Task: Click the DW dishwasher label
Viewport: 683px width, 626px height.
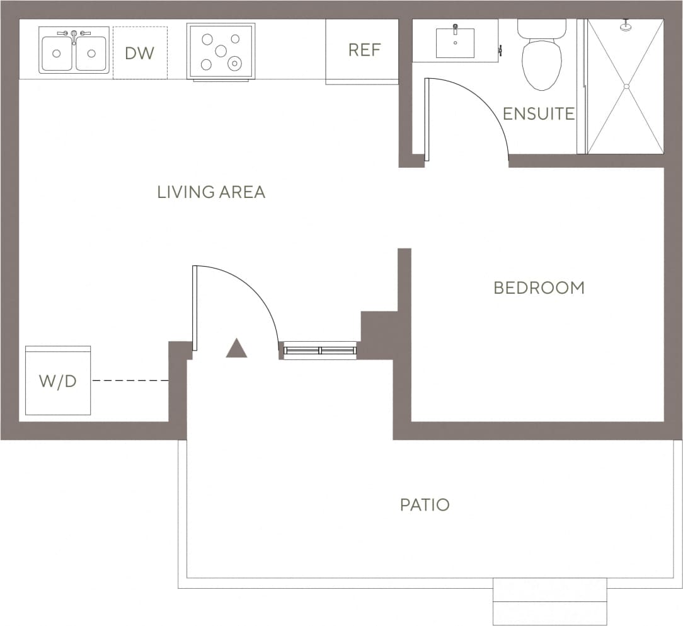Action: click(139, 53)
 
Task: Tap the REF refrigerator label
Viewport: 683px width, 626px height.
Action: click(365, 50)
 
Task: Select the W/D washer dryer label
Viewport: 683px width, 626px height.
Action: click(57, 381)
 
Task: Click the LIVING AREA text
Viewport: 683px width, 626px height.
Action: click(211, 192)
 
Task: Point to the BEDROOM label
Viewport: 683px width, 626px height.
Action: click(539, 288)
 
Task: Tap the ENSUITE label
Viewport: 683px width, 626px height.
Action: click(539, 113)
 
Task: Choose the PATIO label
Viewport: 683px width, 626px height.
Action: click(425, 504)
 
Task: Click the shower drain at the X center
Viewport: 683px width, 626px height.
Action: click(626, 86)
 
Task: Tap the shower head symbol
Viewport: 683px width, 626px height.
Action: click(626, 26)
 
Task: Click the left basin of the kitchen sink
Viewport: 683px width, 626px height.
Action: click(57, 54)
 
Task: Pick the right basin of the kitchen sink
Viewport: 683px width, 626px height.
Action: click(91, 54)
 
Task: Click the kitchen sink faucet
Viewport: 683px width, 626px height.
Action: click(74, 35)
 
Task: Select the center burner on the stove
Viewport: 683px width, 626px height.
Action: click(221, 50)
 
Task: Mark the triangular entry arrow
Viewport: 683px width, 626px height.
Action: click(236, 349)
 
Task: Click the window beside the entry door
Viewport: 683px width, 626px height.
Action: click(319, 350)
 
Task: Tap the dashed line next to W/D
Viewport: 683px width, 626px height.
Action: click(130, 381)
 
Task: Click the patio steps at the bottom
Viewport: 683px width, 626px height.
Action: click(549, 601)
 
